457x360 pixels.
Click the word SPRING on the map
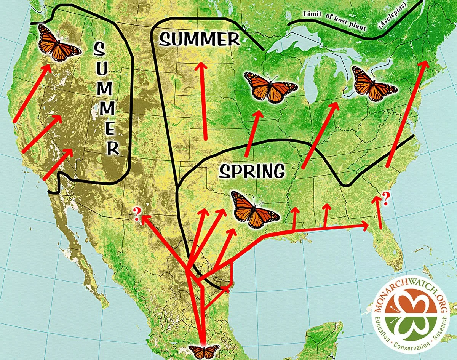tap(252, 171)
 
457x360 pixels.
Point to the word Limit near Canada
tap(312, 14)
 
